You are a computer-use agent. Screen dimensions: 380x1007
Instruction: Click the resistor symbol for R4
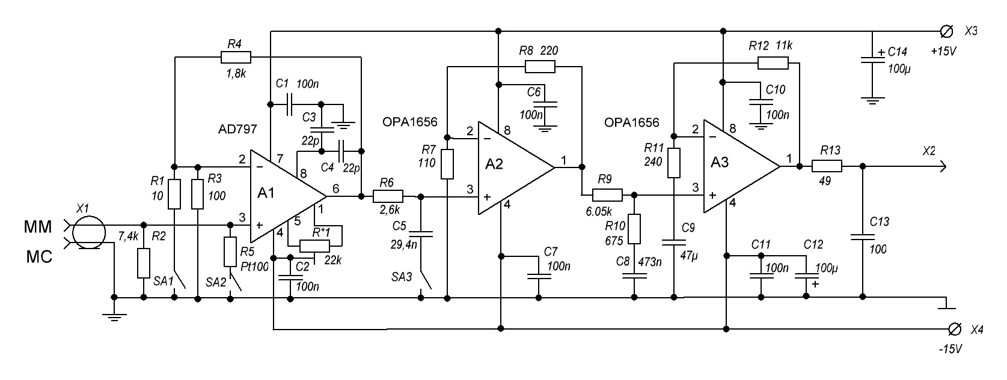click(236, 58)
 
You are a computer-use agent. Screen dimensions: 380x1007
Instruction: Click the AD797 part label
click(238, 129)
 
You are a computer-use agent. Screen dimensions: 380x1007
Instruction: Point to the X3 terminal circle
click(946, 31)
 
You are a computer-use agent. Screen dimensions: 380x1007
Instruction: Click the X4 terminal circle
click(953, 328)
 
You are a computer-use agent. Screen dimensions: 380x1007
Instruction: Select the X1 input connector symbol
click(88, 234)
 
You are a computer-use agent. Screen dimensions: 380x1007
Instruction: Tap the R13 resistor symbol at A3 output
click(827, 166)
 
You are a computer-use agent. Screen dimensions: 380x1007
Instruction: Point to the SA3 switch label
click(401, 278)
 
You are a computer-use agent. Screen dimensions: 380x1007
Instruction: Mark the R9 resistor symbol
click(607, 195)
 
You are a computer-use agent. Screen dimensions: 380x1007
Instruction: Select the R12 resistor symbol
click(773, 62)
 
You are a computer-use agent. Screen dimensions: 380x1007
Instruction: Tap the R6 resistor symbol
click(388, 196)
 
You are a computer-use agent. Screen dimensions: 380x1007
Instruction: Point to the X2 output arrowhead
click(943, 166)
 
